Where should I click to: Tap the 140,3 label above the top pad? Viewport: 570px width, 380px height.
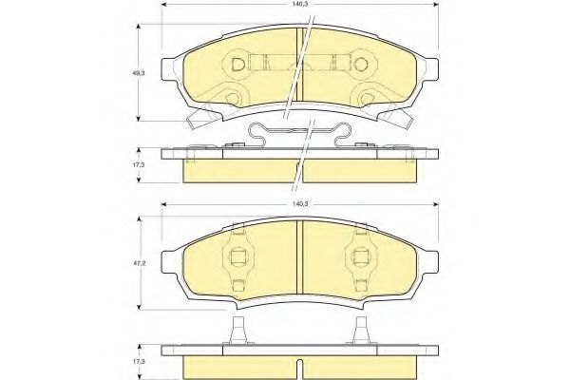(x=300, y=5)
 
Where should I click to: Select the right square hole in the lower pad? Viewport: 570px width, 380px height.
(x=360, y=257)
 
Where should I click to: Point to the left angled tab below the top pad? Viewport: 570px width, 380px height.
(x=201, y=120)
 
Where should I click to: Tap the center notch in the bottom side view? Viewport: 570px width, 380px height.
(x=299, y=367)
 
